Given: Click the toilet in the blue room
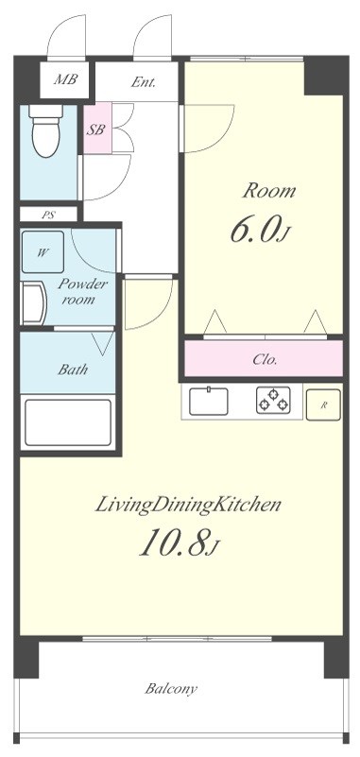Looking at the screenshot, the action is click(x=46, y=130).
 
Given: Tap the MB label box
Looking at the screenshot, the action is click(x=64, y=79).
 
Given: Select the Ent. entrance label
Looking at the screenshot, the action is click(x=144, y=82).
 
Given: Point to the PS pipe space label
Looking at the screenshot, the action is click(x=47, y=215).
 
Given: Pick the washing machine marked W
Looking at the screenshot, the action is click(x=43, y=251).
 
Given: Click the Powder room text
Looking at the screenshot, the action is click(x=81, y=291).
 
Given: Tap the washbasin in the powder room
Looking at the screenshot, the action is click(x=34, y=302).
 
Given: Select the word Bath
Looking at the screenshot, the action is click(x=73, y=370).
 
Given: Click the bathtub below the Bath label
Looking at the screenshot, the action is click(x=68, y=422).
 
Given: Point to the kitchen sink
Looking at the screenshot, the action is click(x=209, y=401).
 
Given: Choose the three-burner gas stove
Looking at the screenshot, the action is click(x=274, y=401).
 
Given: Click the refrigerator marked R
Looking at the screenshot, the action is click(x=323, y=404).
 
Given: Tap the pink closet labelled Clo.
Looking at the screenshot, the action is click(x=264, y=359).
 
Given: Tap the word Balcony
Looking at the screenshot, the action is click(x=171, y=688).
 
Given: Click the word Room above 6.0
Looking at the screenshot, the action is click(x=268, y=191).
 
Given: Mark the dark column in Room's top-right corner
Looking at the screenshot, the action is click(x=326, y=76).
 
